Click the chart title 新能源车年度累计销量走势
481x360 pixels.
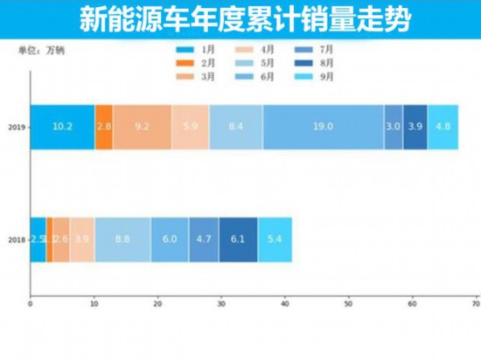click(x=240, y=18)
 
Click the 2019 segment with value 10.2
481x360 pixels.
click(x=62, y=126)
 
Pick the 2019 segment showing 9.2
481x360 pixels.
click(x=142, y=126)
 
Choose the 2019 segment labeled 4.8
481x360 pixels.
click(x=443, y=126)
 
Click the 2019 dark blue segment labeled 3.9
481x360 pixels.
click(x=415, y=126)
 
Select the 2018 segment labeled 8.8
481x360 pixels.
click(x=122, y=239)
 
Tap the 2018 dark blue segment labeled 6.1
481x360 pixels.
click(x=238, y=239)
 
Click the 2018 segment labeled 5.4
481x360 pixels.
click(x=275, y=239)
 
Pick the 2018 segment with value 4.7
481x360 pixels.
click(x=203, y=239)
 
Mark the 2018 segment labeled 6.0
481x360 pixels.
click(x=169, y=239)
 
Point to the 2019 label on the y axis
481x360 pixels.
click(x=17, y=126)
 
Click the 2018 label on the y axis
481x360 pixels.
click(x=17, y=239)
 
